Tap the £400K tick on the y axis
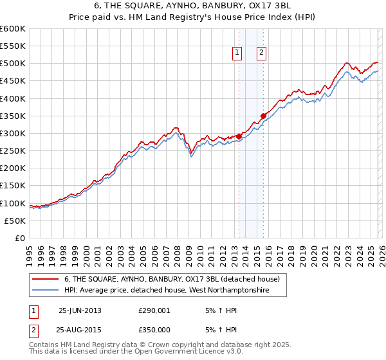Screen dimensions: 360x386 [13, 98]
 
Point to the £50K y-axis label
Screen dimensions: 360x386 [15, 221]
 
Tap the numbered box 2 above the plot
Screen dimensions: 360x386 [262, 53]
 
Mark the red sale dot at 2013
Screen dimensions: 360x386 [239, 136]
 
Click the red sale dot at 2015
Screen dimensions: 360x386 [263, 116]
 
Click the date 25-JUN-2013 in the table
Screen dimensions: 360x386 [80, 310]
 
